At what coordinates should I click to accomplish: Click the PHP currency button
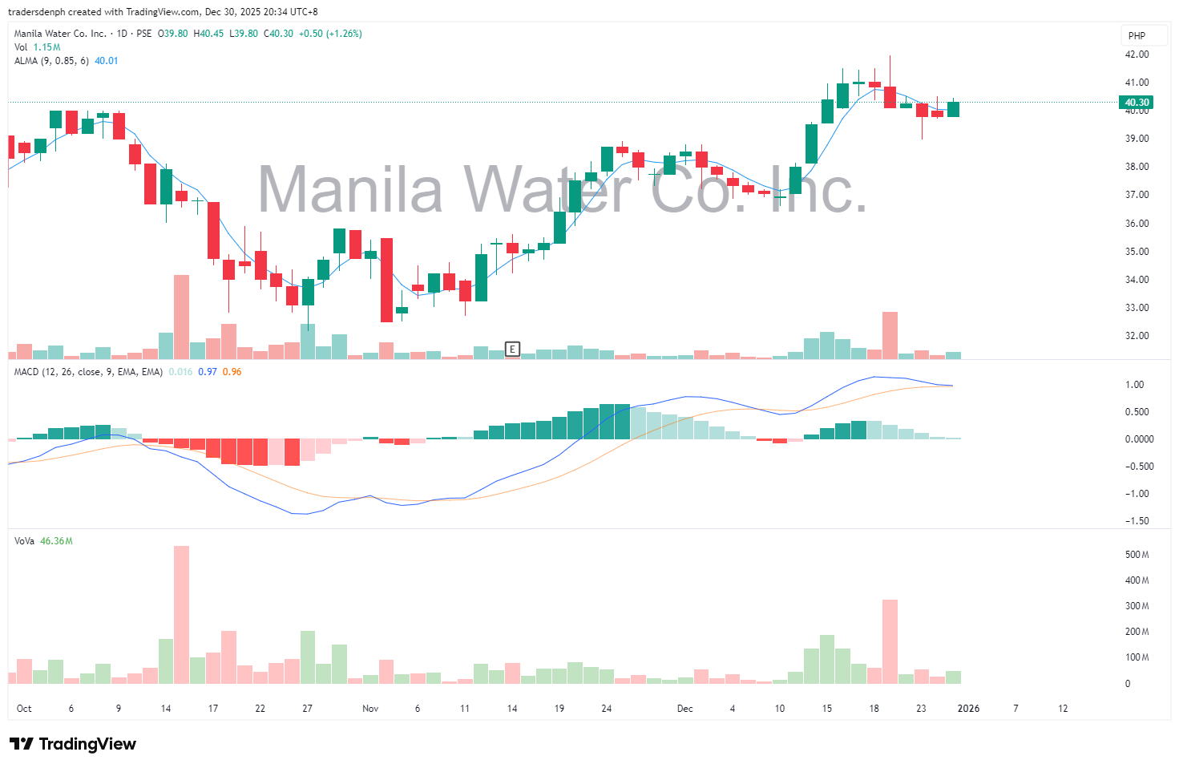(x=1137, y=35)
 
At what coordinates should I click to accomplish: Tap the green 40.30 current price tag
(x=1137, y=103)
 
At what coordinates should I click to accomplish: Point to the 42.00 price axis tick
(x=1137, y=55)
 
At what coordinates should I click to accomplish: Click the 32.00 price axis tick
(x=1137, y=336)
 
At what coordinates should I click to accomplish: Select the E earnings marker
(x=512, y=349)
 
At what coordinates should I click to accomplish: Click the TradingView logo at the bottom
(x=73, y=744)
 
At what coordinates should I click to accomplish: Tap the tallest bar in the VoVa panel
(x=182, y=614)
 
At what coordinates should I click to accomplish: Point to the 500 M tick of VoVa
(x=1137, y=555)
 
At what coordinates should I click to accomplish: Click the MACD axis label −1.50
(x=1136, y=521)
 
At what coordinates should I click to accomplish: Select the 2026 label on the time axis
(x=968, y=709)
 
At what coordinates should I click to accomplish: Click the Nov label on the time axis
(x=370, y=709)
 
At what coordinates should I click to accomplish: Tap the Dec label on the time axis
(x=684, y=709)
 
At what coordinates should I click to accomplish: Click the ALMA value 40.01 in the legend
(x=107, y=61)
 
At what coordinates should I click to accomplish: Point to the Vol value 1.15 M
(x=46, y=47)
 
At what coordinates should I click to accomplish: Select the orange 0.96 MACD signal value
(x=232, y=372)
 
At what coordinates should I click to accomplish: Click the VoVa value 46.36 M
(x=56, y=541)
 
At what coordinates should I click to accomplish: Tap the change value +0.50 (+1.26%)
(x=329, y=34)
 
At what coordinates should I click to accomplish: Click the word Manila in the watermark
(x=350, y=190)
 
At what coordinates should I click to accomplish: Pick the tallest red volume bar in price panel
(x=182, y=317)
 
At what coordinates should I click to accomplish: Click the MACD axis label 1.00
(x=1134, y=385)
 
